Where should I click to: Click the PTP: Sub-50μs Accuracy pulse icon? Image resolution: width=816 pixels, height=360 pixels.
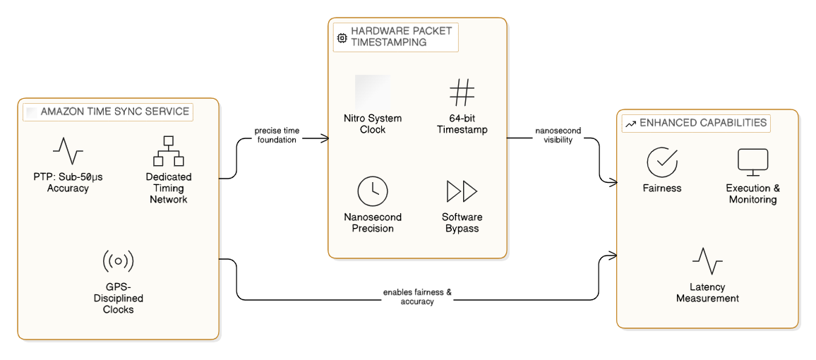[x=68, y=150]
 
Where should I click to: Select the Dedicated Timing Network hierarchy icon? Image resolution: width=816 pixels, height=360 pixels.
[x=169, y=150]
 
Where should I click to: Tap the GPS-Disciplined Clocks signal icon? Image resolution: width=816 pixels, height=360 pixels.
[x=118, y=261]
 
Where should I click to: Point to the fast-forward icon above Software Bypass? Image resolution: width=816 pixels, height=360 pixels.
[x=462, y=191]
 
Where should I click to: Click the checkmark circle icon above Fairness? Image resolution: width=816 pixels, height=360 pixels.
[x=661, y=162]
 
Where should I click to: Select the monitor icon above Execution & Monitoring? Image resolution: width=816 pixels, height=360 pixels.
[x=752, y=162]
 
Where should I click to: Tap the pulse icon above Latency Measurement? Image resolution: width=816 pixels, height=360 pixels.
[x=707, y=261]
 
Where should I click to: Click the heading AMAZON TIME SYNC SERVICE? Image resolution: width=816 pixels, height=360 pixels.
[x=115, y=112]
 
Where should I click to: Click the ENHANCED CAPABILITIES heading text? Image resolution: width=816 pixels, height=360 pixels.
[x=703, y=123]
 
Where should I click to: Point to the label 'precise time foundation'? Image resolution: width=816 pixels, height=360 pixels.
[x=275, y=135]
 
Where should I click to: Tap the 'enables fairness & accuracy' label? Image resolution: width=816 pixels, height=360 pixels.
[x=417, y=296]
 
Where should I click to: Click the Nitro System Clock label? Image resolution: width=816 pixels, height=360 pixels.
[x=372, y=124]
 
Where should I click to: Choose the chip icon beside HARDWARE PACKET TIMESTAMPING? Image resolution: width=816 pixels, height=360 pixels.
[x=342, y=37]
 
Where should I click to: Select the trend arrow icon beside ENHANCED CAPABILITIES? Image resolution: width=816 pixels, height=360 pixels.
[x=630, y=124]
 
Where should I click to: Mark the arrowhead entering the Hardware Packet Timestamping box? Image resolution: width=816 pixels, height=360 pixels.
[x=325, y=139]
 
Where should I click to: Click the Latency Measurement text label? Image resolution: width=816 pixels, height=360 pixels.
[x=707, y=293]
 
